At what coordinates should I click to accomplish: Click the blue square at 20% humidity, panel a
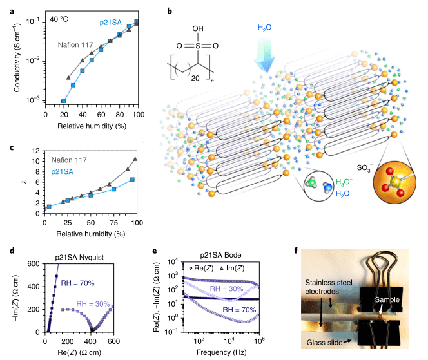click(63, 101)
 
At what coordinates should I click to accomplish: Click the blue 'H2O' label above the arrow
click(265, 28)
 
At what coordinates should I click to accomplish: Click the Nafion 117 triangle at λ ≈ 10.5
click(135, 159)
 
